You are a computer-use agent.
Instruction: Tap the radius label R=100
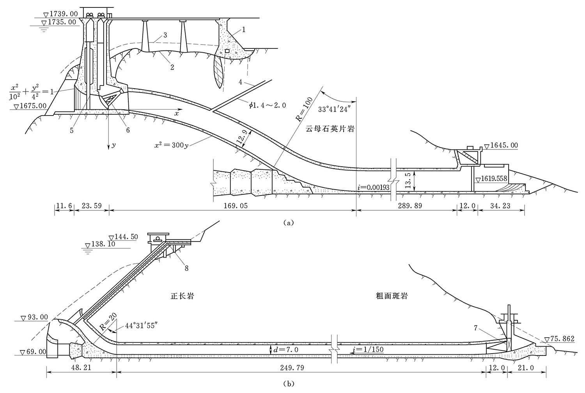click(304, 110)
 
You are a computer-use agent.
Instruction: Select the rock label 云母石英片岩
click(331, 129)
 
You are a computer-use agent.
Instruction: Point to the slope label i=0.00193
click(374, 187)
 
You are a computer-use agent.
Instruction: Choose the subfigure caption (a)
click(288, 223)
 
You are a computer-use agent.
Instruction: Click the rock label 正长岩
click(183, 296)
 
